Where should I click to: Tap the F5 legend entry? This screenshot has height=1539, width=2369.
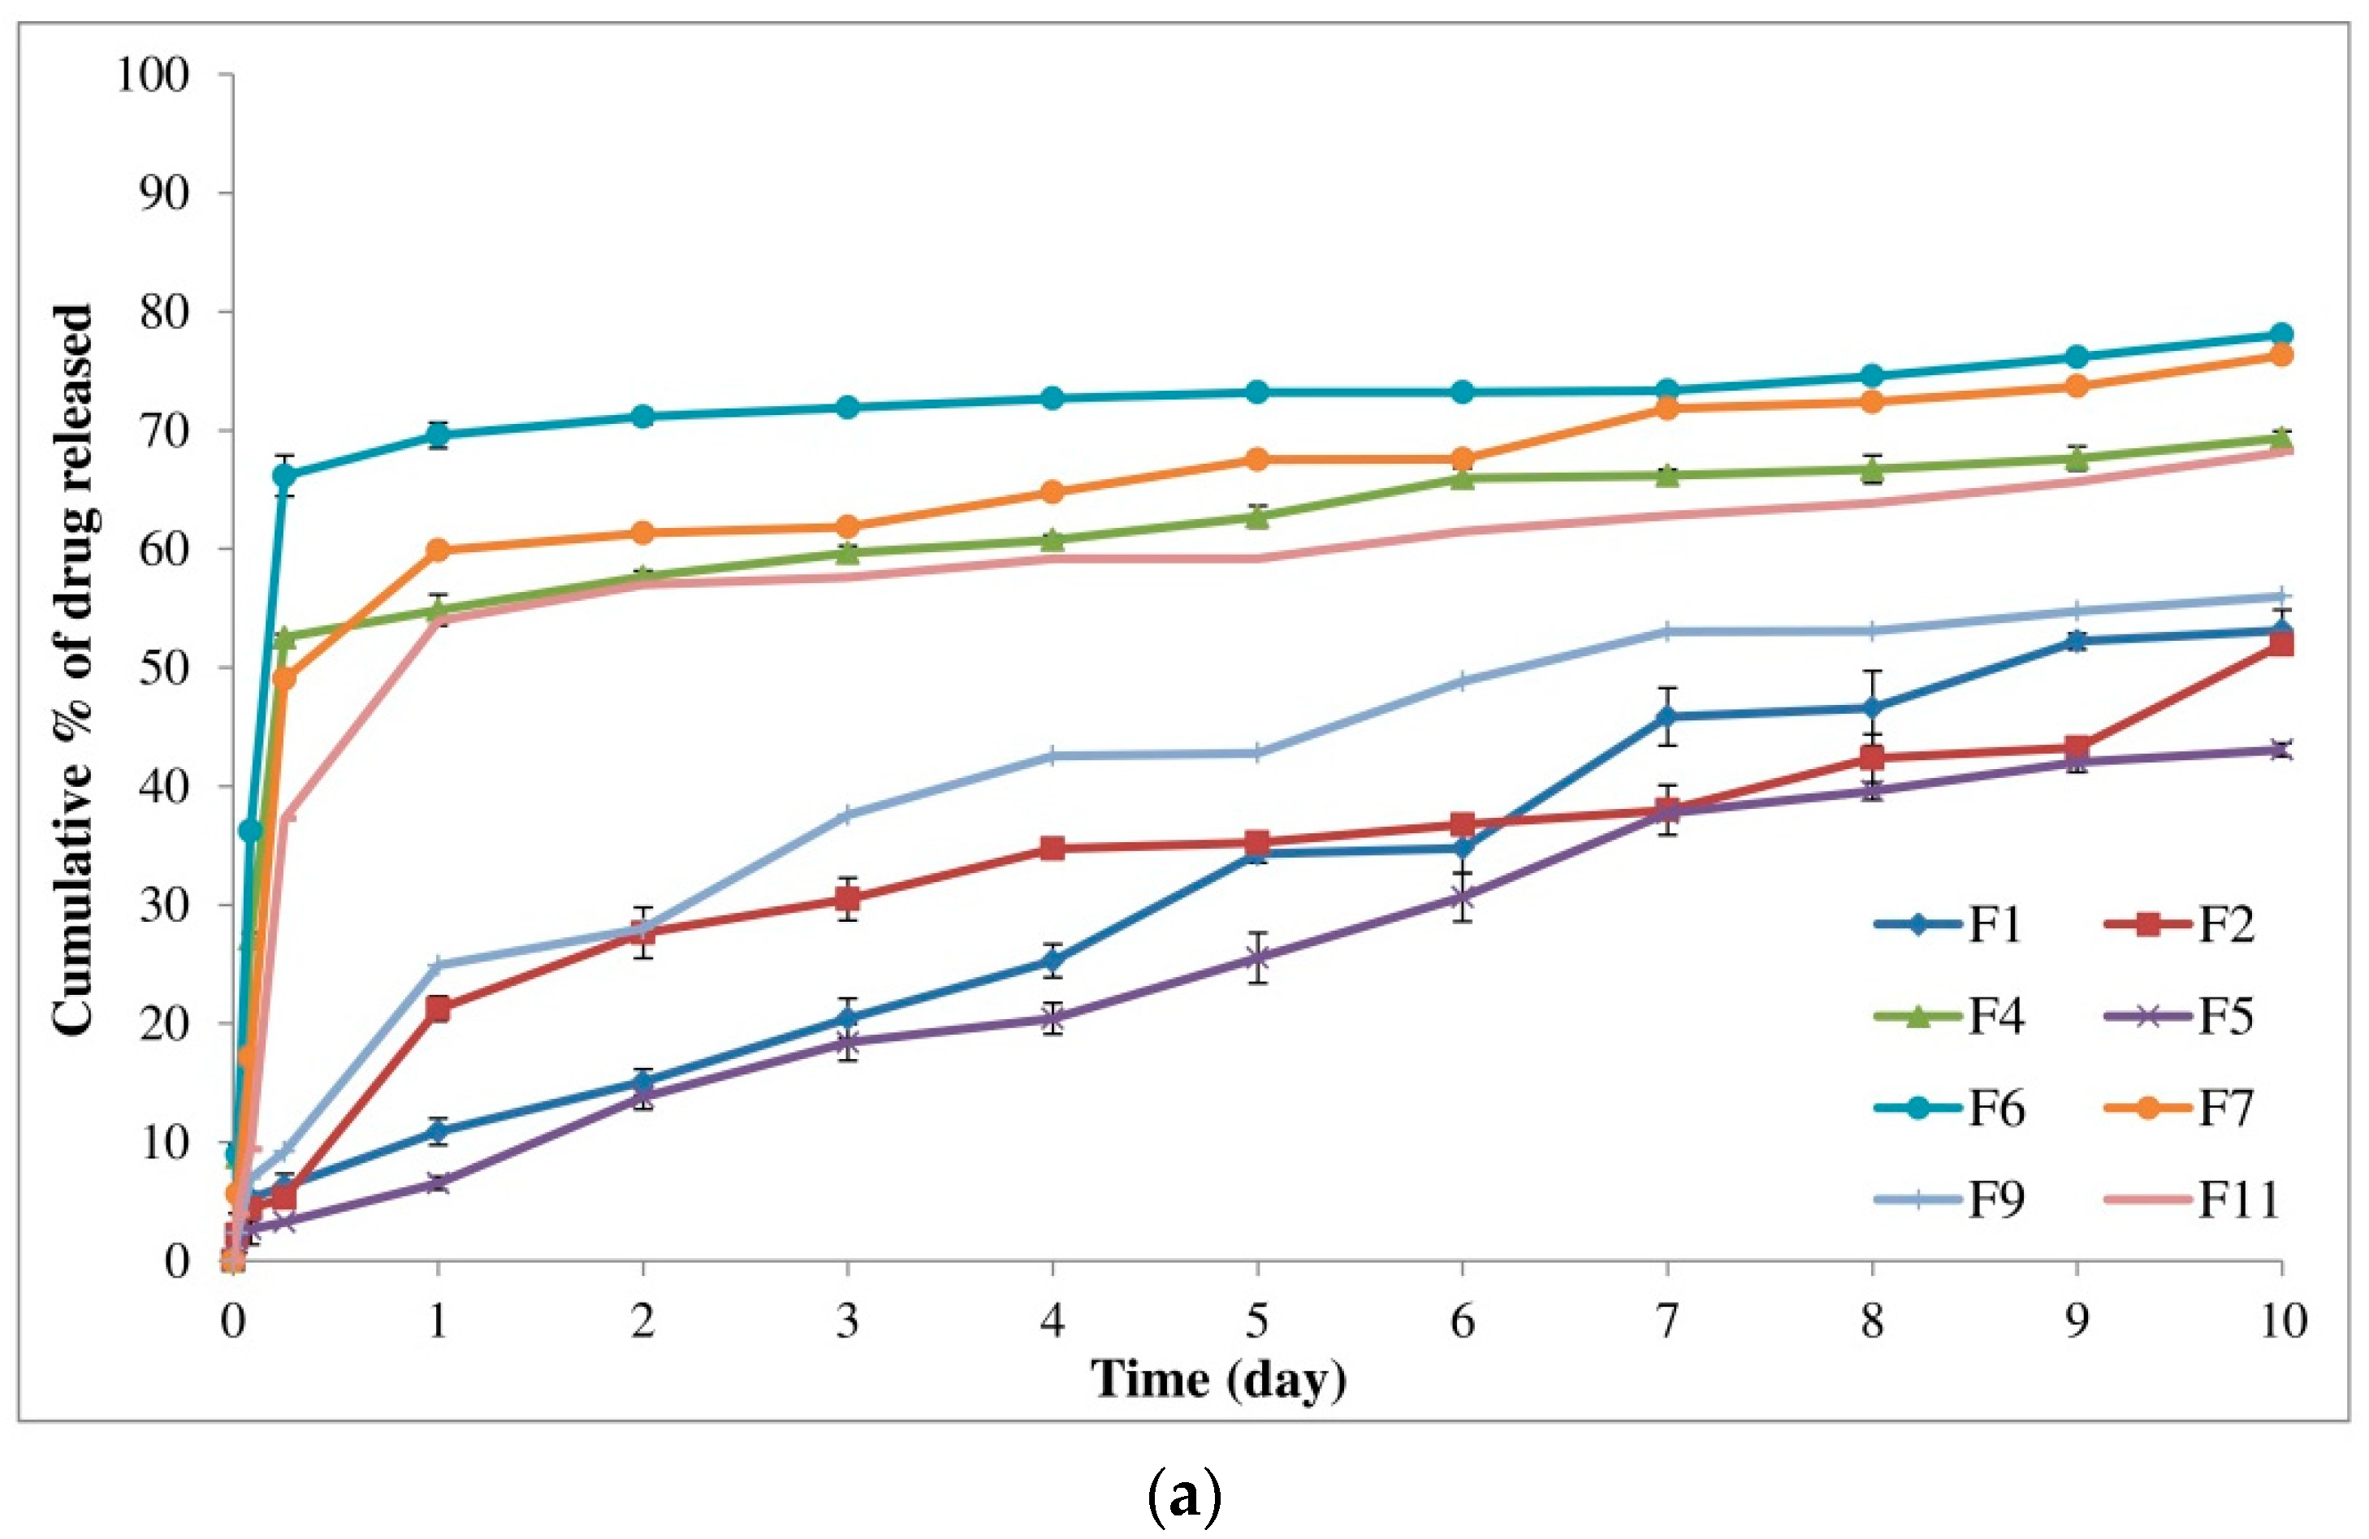point(2180,1016)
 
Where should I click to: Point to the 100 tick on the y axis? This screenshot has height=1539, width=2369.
point(153,75)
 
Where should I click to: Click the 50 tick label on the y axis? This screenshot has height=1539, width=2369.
point(164,668)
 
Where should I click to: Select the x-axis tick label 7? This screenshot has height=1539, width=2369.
point(1667,1321)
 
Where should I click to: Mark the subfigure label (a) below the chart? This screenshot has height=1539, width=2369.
point(1183,1495)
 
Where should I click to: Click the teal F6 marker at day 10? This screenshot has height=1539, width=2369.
point(2281,335)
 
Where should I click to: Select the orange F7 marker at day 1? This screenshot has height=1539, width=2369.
point(437,551)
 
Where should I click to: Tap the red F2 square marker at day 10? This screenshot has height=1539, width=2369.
point(2281,644)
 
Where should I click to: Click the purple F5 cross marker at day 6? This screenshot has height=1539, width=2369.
point(1462,898)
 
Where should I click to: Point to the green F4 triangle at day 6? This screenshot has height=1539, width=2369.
point(1462,478)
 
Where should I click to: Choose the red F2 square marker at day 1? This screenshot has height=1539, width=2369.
point(437,1009)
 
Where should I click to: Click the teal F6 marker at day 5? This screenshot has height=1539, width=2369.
point(1257,392)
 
